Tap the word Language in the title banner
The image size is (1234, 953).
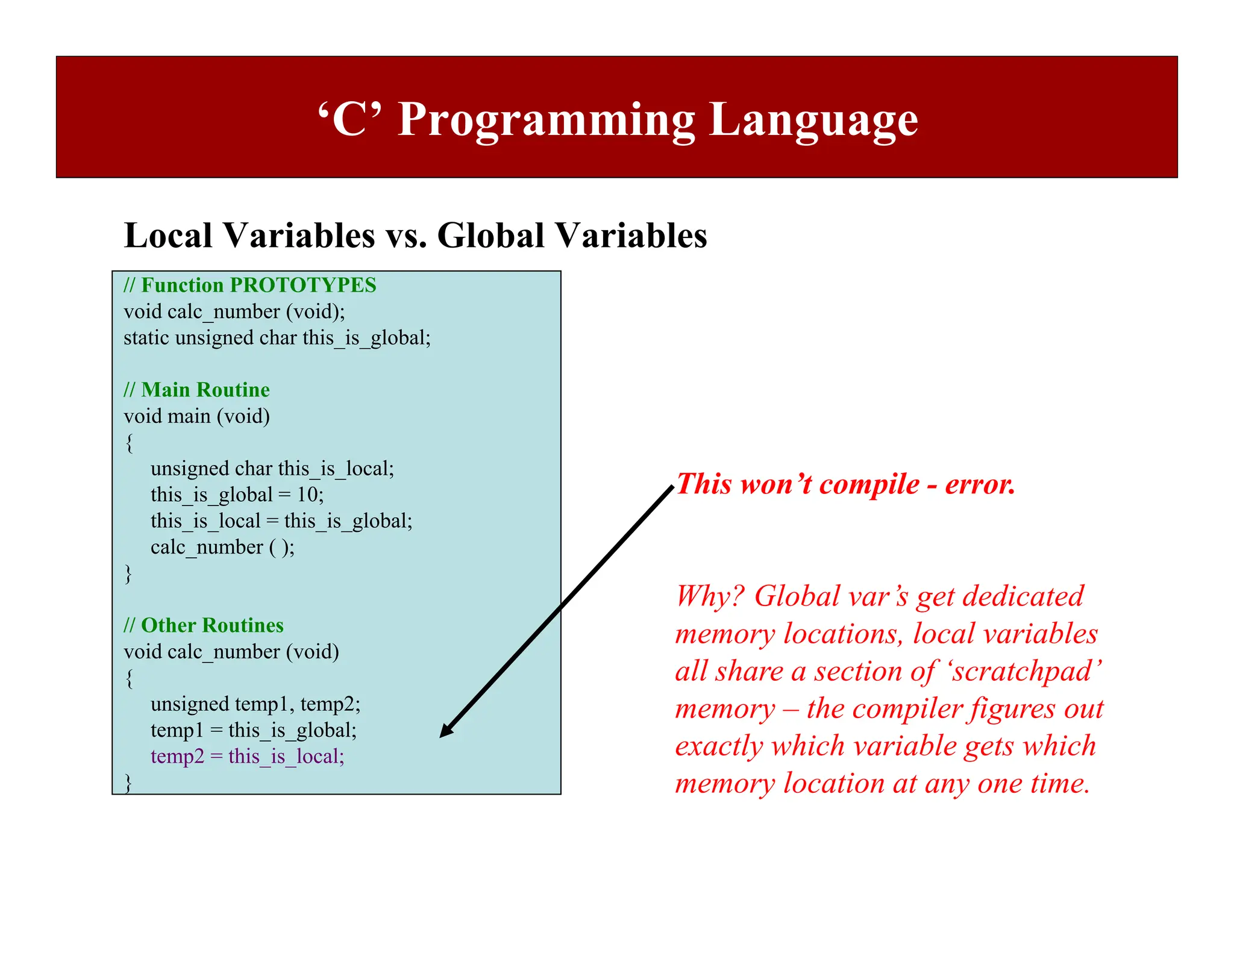813,120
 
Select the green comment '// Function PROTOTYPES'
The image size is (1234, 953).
249,285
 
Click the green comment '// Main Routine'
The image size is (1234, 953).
196,390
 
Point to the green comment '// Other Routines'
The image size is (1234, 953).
203,625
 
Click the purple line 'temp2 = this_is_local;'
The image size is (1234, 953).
247,756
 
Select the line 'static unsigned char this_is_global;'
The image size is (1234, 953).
277,337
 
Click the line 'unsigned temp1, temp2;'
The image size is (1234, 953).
255,704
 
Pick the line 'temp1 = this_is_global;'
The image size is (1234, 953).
253,730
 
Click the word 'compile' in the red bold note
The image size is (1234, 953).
869,484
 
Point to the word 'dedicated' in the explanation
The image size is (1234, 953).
1023,596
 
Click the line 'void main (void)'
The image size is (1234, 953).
196,416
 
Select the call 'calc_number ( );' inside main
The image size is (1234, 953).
222,547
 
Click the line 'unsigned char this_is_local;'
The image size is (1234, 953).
272,469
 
